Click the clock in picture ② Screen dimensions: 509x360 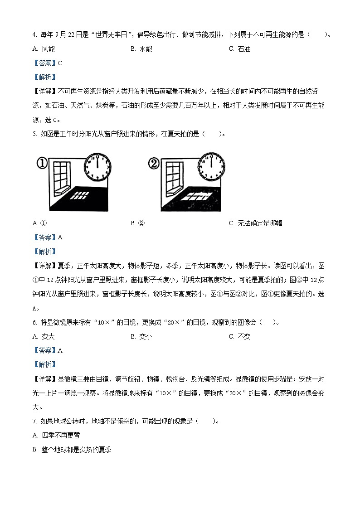click(211, 165)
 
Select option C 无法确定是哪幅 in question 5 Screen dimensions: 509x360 click(256, 223)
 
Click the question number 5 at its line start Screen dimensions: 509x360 click(34, 134)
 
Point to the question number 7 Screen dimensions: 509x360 click(34, 421)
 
